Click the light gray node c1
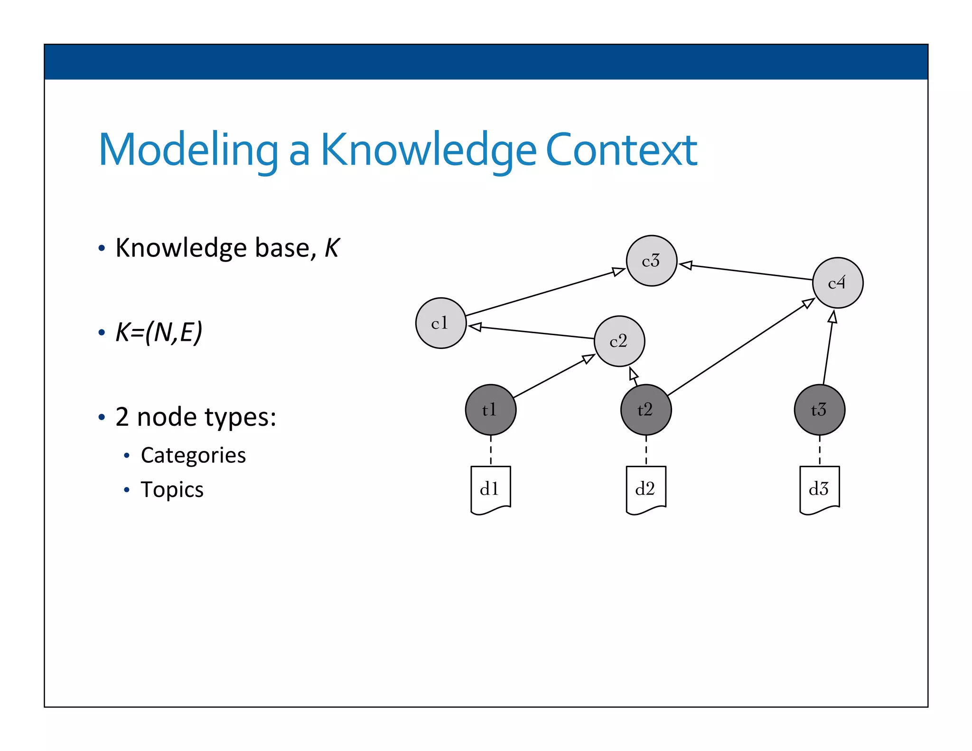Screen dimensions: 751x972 [x=440, y=323]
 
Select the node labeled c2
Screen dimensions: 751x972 [x=619, y=341]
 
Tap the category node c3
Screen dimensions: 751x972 [x=651, y=261]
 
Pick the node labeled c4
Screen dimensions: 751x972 [x=837, y=283]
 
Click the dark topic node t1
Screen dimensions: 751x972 [x=490, y=409]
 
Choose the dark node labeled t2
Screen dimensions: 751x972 [x=645, y=409]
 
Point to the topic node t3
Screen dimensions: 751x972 [x=819, y=409]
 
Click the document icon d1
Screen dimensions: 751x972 [x=490, y=489]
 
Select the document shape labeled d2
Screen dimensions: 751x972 [x=645, y=489]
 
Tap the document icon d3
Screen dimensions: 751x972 [x=819, y=489]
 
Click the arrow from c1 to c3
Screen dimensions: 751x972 [x=546, y=292]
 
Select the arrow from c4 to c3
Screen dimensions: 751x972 [x=745, y=272]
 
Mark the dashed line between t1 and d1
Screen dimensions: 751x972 [x=490, y=451]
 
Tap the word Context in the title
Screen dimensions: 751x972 [x=621, y=150]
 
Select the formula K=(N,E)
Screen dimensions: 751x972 [x=159, y=332]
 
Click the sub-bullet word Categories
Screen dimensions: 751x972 [x=193, y=455]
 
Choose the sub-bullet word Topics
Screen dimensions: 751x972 [x=172, y=489]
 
